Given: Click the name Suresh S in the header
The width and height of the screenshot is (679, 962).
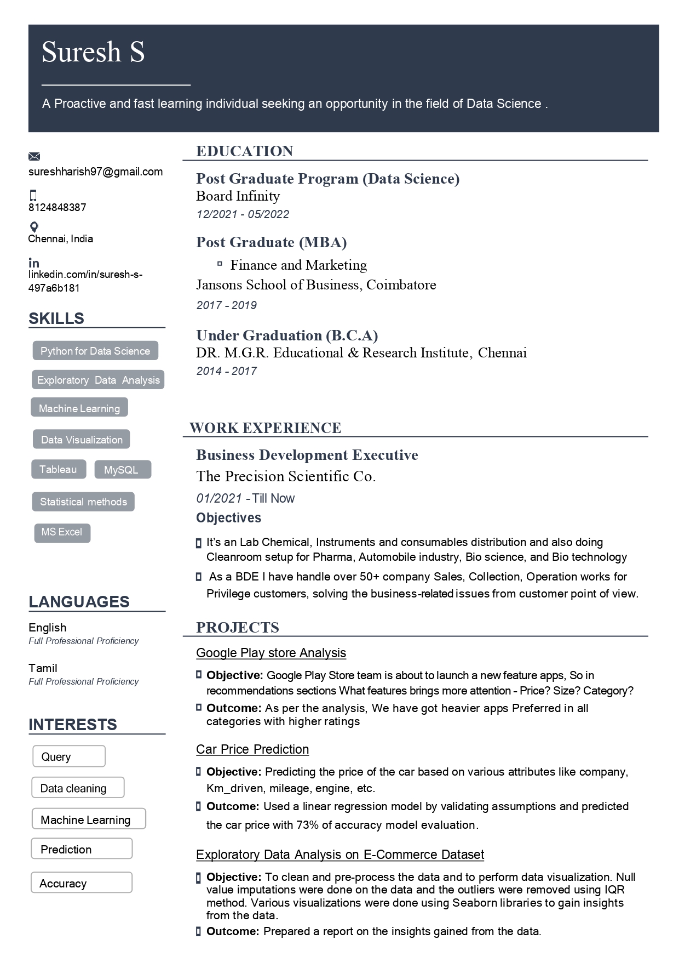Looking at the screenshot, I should coord(93,53).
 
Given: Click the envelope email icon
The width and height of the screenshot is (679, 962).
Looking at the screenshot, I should coord(34,157).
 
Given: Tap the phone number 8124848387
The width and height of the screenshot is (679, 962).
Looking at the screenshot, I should coord(57,207).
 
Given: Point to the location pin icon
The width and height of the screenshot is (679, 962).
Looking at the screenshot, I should coord(34,227).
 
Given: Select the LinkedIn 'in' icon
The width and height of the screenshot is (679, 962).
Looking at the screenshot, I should coord(34,263).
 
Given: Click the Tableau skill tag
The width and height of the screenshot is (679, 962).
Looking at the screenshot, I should coord(58,470).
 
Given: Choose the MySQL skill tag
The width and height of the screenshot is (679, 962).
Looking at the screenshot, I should coord(121,470).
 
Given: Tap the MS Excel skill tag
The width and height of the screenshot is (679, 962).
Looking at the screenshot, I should coord(62,532).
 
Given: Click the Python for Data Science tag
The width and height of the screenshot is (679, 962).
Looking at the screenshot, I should coord(95,351).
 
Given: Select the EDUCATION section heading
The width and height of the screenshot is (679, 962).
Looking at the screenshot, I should coord(245,151).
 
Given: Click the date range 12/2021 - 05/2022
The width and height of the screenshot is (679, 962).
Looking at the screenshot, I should coord(243,214).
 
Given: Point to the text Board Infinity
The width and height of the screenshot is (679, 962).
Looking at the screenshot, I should coord(238,196).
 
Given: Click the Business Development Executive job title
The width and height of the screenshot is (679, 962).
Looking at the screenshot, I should coord(307,455).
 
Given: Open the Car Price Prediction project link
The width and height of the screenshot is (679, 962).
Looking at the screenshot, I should coord(252,749).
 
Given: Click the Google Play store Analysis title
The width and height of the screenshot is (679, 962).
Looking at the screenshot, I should coord(271,653).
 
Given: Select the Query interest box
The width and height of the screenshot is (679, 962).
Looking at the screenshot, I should coord(68,756).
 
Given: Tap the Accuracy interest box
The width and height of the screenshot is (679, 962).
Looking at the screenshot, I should coord(81,883).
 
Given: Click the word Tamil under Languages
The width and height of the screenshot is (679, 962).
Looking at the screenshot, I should coord(43,668).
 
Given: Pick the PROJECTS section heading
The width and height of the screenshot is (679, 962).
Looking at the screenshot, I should coord(238,628).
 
